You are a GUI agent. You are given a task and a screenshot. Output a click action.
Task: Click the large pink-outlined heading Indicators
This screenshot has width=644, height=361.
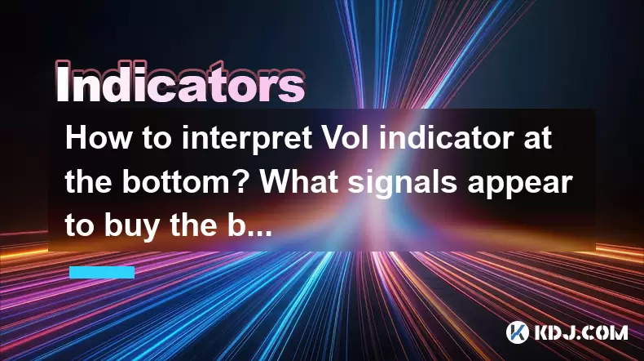[x=180, y=82]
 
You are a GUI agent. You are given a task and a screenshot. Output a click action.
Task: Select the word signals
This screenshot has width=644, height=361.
[x=403, y=184]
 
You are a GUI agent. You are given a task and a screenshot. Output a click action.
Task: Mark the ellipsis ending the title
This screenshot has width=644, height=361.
[x=260, y=233]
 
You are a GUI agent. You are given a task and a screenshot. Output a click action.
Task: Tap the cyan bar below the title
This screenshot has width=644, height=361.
[x=102, y=272]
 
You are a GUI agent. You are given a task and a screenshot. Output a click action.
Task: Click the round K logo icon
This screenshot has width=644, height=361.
[x=517, y=332]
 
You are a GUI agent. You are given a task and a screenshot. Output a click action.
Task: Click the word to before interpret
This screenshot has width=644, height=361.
[x=157, y=139]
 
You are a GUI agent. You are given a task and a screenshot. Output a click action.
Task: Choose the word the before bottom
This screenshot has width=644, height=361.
[x=90, y=182]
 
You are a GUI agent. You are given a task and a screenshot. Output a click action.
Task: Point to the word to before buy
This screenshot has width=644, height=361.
[x=81, y=226]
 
